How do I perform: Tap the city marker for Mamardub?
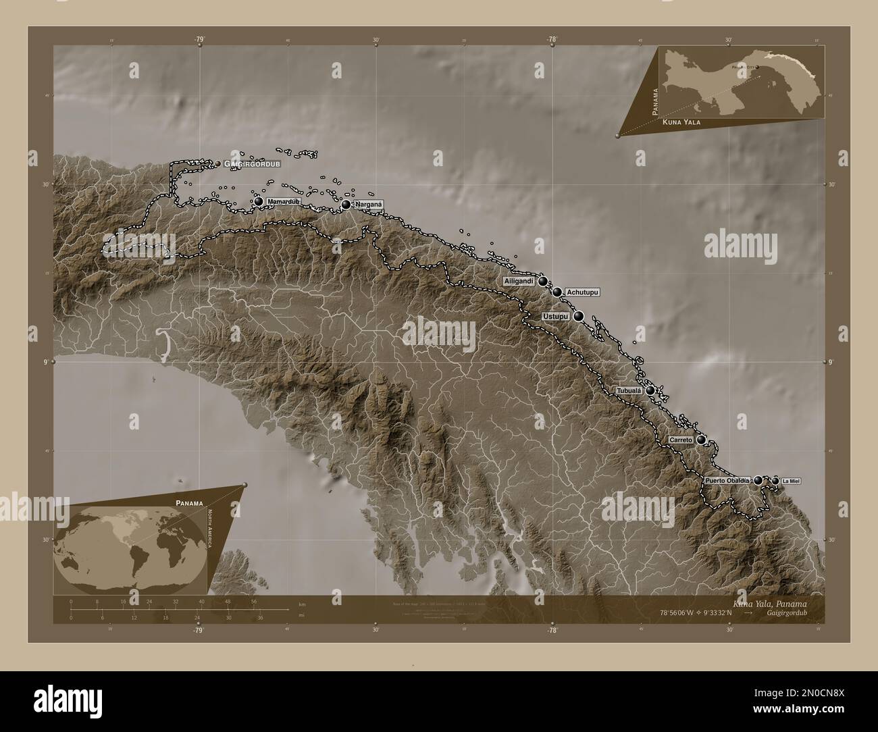tap(258, 202)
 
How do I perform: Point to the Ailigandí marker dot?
tap(542, 281)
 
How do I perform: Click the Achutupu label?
tap(582, 292)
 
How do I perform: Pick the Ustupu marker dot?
tap(579, 315)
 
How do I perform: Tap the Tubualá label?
tap(629, 391)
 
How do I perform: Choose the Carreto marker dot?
tap(702, 440)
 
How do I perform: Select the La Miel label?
tap(792, 481)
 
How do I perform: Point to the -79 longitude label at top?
tap(200, 41)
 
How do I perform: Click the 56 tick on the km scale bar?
tap(254, 601)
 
